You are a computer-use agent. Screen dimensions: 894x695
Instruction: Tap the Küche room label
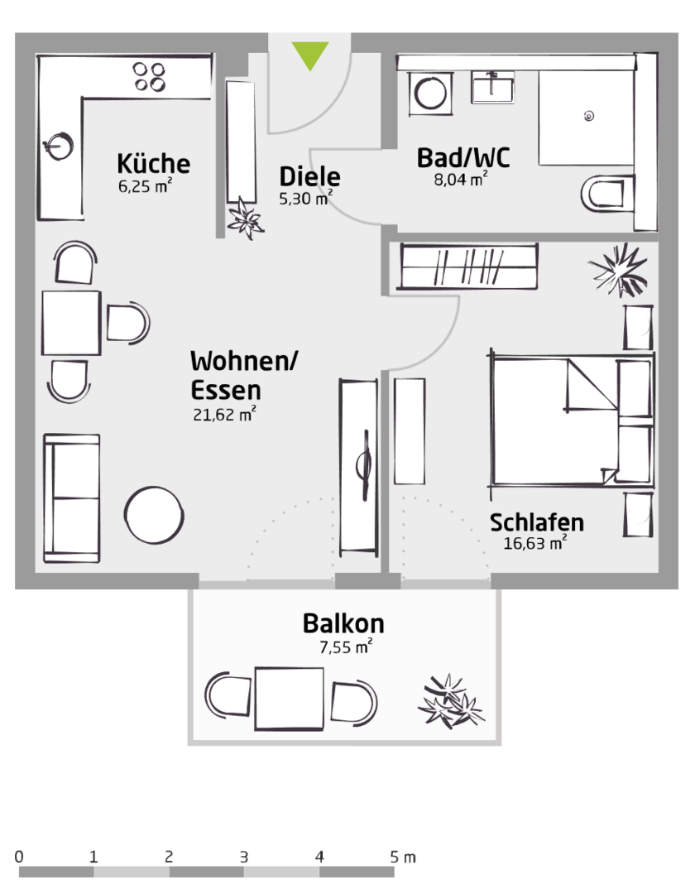[153, 163]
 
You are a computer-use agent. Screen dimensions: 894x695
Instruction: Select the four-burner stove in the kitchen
[150, 76]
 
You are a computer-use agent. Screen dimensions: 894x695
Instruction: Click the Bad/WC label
[463, 157]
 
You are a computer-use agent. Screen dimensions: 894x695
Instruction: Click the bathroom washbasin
[492, 86]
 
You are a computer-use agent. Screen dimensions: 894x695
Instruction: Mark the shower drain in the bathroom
[588, 116]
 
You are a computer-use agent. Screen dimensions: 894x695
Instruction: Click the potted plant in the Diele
[245, 218]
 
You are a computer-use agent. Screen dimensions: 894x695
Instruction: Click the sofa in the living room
[71, 497]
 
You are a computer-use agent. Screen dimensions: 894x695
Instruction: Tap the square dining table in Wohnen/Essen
[71, 323]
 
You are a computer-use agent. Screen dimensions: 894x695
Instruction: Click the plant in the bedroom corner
[620, 268]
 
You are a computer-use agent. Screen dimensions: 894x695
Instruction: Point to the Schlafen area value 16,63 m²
[534, 544]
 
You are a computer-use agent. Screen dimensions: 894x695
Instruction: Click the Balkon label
[343, 622]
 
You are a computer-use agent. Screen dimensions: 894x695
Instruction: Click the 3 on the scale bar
[243, 857]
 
